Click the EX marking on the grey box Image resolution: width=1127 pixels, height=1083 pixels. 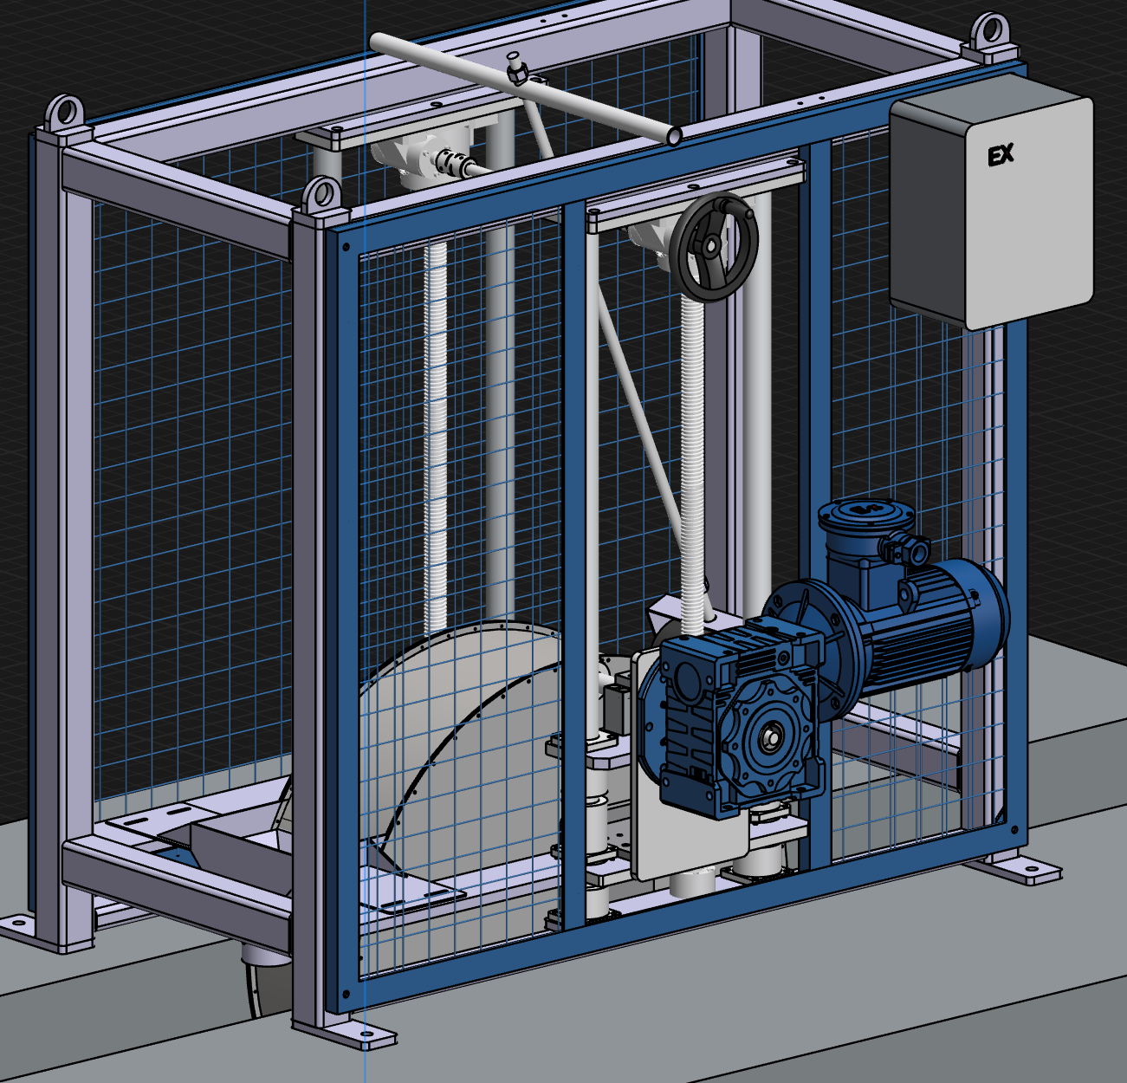tap(1001, 155)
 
